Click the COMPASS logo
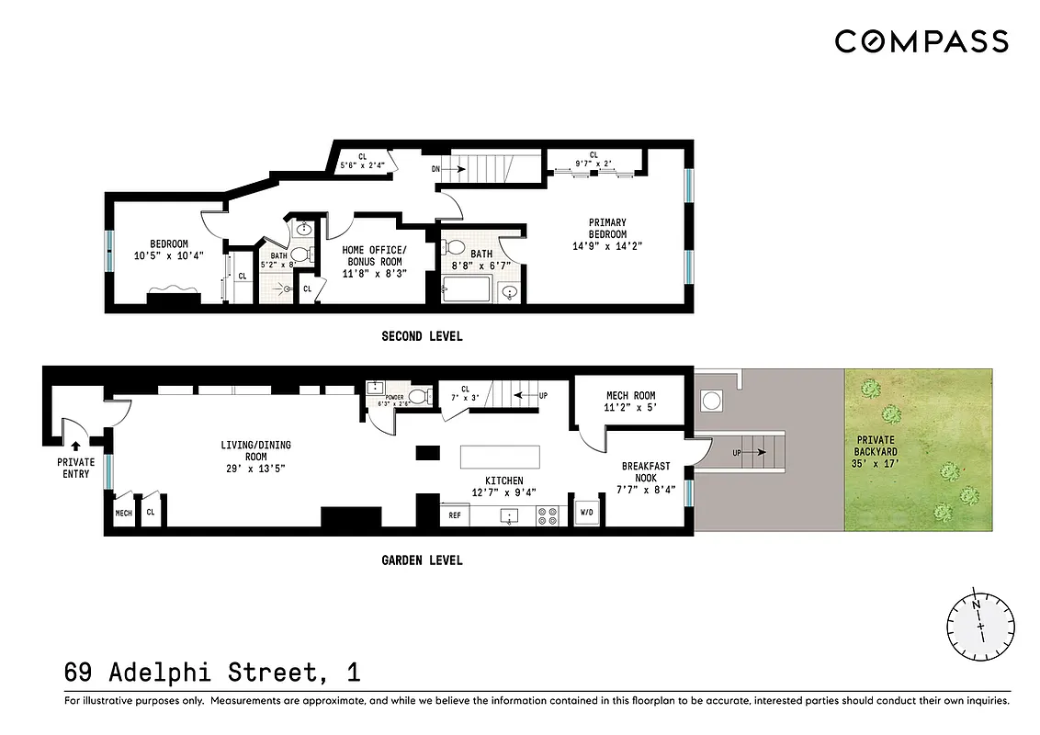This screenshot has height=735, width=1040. [x=921, y=41]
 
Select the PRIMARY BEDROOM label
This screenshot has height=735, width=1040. [x=607, y=228]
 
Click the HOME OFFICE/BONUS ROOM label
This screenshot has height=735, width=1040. [x=373, y=255]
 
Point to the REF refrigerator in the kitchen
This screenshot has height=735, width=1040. [x=454, y=516]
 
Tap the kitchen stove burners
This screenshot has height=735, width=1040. [x=548, y=516]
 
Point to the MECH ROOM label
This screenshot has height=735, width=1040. [x=631, y=396]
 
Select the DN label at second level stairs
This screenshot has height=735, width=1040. [x=436, y=169]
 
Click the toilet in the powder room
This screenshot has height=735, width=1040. [x=418, y=397]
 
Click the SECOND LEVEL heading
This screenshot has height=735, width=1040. [x=422, y=336]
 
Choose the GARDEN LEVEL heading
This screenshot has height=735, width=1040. [x=422, y=560]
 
